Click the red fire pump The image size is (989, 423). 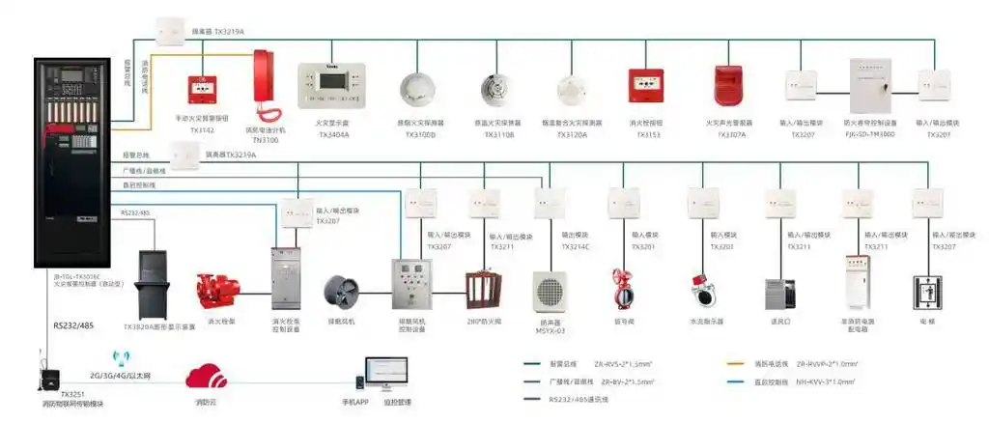point(214,290)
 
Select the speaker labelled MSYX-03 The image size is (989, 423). point(550,290)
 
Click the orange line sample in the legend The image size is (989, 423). point(745,364)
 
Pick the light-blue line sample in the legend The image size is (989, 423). point(745,381)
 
